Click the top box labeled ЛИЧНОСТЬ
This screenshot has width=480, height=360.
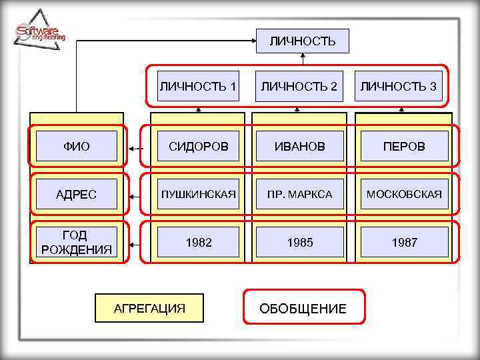(303, 41)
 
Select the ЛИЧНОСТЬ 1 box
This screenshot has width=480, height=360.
(198, 86)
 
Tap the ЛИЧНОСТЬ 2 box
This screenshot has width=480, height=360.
(299, 86)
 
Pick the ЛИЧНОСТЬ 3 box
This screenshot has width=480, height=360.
(399, 86)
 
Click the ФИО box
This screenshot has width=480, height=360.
(77, 146)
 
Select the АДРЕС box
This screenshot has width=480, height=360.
(77, 195)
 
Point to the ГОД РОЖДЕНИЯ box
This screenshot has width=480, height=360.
(77, 242)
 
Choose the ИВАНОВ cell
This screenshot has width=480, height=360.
(299, 146)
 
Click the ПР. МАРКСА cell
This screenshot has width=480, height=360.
(299, 195)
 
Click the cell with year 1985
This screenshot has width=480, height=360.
(299, 242)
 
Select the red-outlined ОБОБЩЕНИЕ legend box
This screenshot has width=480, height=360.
(304, 307)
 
